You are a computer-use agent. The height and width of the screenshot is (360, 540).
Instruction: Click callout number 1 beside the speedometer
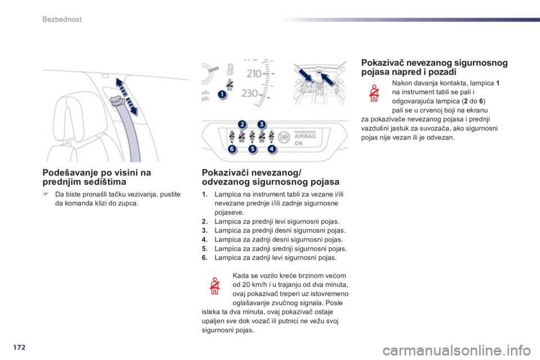[223, 94]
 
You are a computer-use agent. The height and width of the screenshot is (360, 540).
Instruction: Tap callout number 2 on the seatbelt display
[242, 124]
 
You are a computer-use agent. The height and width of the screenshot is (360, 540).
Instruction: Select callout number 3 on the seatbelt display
[262, 124]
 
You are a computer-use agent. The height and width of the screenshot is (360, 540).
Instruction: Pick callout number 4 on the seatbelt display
[272, 149]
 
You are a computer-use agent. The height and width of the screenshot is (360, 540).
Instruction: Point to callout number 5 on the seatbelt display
[253, 149]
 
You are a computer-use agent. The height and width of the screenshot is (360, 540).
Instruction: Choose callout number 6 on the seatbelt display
[232, 149]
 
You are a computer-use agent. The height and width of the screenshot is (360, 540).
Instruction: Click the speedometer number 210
[254, 73]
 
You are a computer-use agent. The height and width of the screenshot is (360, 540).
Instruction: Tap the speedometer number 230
[250, 93]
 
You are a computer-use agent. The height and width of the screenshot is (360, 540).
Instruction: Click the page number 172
[19, 347]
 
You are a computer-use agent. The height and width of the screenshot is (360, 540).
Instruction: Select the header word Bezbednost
[62, 19]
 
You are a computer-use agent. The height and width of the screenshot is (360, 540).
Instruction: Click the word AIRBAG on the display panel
[305, 136]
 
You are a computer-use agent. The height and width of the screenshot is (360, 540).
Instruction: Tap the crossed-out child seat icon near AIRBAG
[284, 137]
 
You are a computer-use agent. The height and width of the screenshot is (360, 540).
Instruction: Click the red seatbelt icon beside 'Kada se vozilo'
[214, 286]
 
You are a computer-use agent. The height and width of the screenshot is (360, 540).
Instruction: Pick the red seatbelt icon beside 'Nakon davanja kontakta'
[374, 93]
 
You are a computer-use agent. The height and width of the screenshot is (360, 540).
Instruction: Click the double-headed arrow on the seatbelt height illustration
[127, 96]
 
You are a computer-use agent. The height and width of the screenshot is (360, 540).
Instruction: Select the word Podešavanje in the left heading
[66, 173]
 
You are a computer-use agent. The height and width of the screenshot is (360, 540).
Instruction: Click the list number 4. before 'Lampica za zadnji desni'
[205, 240]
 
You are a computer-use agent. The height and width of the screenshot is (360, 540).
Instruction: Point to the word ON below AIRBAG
[299, 143]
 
